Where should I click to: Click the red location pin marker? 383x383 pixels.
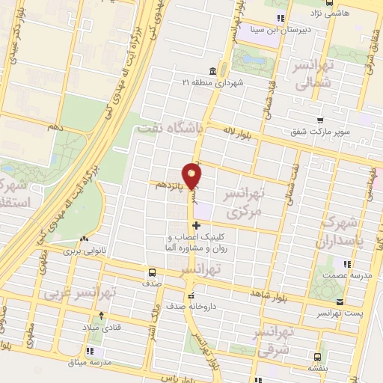(192, 177)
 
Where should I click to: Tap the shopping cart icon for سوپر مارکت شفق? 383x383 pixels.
(320, 120)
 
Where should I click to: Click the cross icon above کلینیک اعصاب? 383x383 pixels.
(196, 225)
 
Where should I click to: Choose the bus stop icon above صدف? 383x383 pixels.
(153, 272)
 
